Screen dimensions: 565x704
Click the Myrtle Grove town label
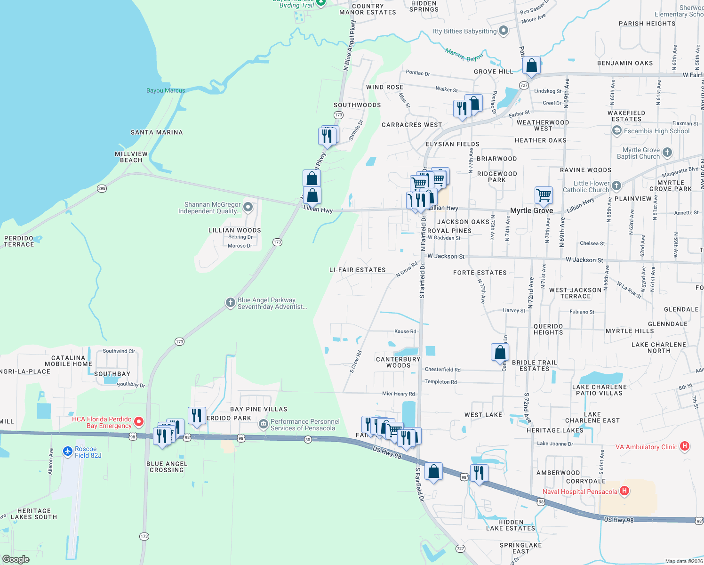(x=532, y=210)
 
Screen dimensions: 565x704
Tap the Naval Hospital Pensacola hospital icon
(x=624, y=492)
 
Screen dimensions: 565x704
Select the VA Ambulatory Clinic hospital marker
(x=685, y=446)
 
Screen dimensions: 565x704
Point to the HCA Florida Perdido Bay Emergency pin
(x=138, y=422)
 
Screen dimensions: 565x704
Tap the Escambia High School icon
(x=617, y=131)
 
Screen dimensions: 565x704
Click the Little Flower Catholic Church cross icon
(x=616, y=186)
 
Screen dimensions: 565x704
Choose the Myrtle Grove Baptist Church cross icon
(x=667, y=153)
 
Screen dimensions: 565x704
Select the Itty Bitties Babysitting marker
(x=504, y=31)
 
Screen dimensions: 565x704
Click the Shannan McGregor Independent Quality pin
(x=248, y=208)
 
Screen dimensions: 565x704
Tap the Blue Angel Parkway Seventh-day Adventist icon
(x=230, y=303)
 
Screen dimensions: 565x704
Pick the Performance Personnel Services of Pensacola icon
(x=263, y=425)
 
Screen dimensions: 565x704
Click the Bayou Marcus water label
(x=166, y=90)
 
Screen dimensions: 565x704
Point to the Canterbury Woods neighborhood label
(x=398, y=362)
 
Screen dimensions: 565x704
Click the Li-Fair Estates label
(x=357, y=270)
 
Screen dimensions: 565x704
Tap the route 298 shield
(x=102, y=188)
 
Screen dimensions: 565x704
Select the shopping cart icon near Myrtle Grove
(x=544, y=195)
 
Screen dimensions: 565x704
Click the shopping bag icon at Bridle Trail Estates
(x=500, y=352)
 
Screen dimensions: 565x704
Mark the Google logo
(x=16, y=559)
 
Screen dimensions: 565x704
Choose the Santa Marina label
(x=157, y=132)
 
